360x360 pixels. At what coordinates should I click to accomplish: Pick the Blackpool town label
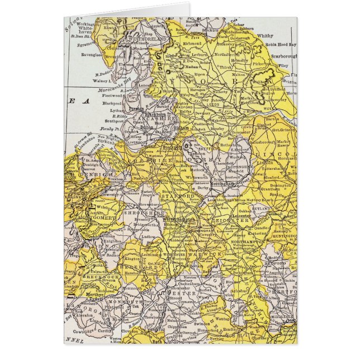pyautogui.click(x=112, y=103)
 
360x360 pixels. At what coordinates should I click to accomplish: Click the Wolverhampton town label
pyautogui.click(x=178, y=220)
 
